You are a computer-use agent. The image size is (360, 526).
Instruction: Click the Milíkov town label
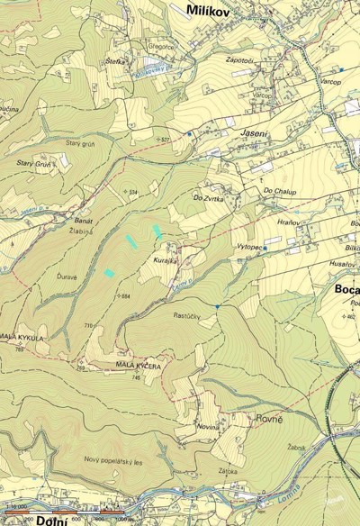coord(209,10)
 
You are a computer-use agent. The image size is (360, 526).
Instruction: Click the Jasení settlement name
coord(252,131)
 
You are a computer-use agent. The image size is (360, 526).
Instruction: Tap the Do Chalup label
coord(279,191)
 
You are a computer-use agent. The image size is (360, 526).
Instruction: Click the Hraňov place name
coord(288,222)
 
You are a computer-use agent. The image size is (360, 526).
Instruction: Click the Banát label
coord(84,221)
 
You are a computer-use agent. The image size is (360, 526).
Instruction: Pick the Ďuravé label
coord(66,276)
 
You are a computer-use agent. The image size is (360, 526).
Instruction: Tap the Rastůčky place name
coord(185,315)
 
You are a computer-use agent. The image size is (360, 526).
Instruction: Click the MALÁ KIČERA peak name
coord(139,367)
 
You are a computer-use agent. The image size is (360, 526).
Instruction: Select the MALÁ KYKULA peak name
coord(22,336)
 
